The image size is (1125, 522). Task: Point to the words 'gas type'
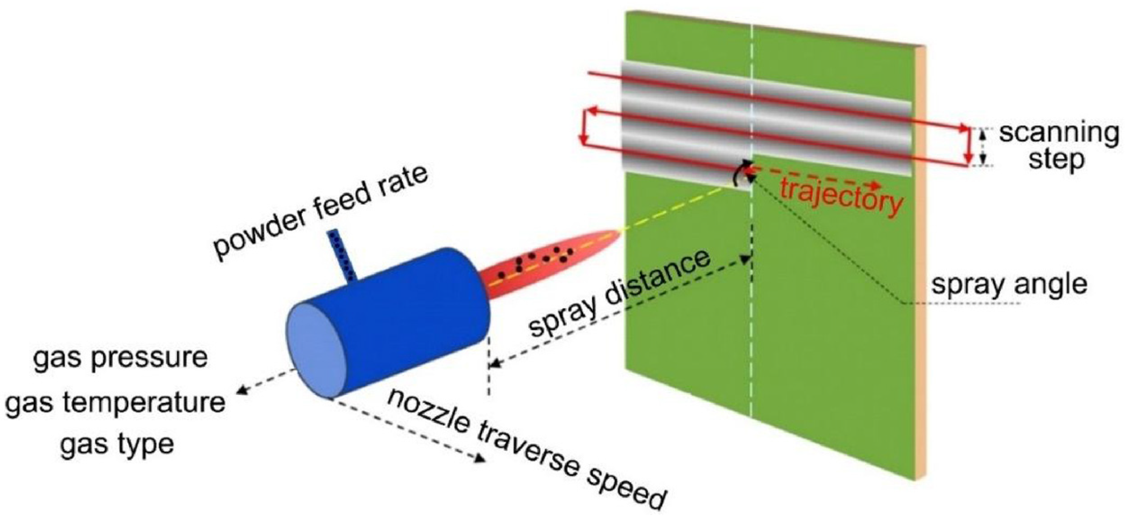[117, 445]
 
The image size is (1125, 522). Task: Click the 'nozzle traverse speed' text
[526, 454]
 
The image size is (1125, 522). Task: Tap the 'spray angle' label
[1009, 285]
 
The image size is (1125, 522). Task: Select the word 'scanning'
[1059, 134]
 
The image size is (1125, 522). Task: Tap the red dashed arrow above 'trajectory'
[812, 177]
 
